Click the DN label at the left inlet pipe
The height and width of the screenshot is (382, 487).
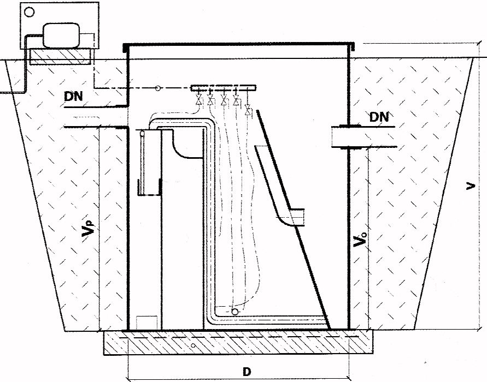coord(73,97)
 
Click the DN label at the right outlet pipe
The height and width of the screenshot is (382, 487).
coord(379,117)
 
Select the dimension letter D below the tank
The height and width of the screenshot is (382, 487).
coord(247,372)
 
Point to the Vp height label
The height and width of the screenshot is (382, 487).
coord(87,228)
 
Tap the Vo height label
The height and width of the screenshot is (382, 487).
coord(360,238)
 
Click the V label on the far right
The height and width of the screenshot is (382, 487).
coord(471,186)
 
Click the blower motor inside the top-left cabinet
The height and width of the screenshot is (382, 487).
coord(61,35)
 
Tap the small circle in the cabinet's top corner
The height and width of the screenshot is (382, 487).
coord(30,12)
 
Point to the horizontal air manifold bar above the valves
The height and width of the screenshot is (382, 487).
coord(224,88)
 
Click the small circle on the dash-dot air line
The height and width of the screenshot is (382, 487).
coord(158,88)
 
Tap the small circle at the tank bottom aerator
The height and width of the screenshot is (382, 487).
coord(235,311)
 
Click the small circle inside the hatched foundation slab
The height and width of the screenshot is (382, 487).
coord(193,345)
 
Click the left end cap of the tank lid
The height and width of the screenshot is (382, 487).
coord(125,48)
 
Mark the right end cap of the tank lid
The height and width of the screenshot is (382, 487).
coord(353,47)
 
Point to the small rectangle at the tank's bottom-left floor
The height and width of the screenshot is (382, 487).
coord(146,323)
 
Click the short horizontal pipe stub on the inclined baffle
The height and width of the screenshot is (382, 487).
coord(297,217)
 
